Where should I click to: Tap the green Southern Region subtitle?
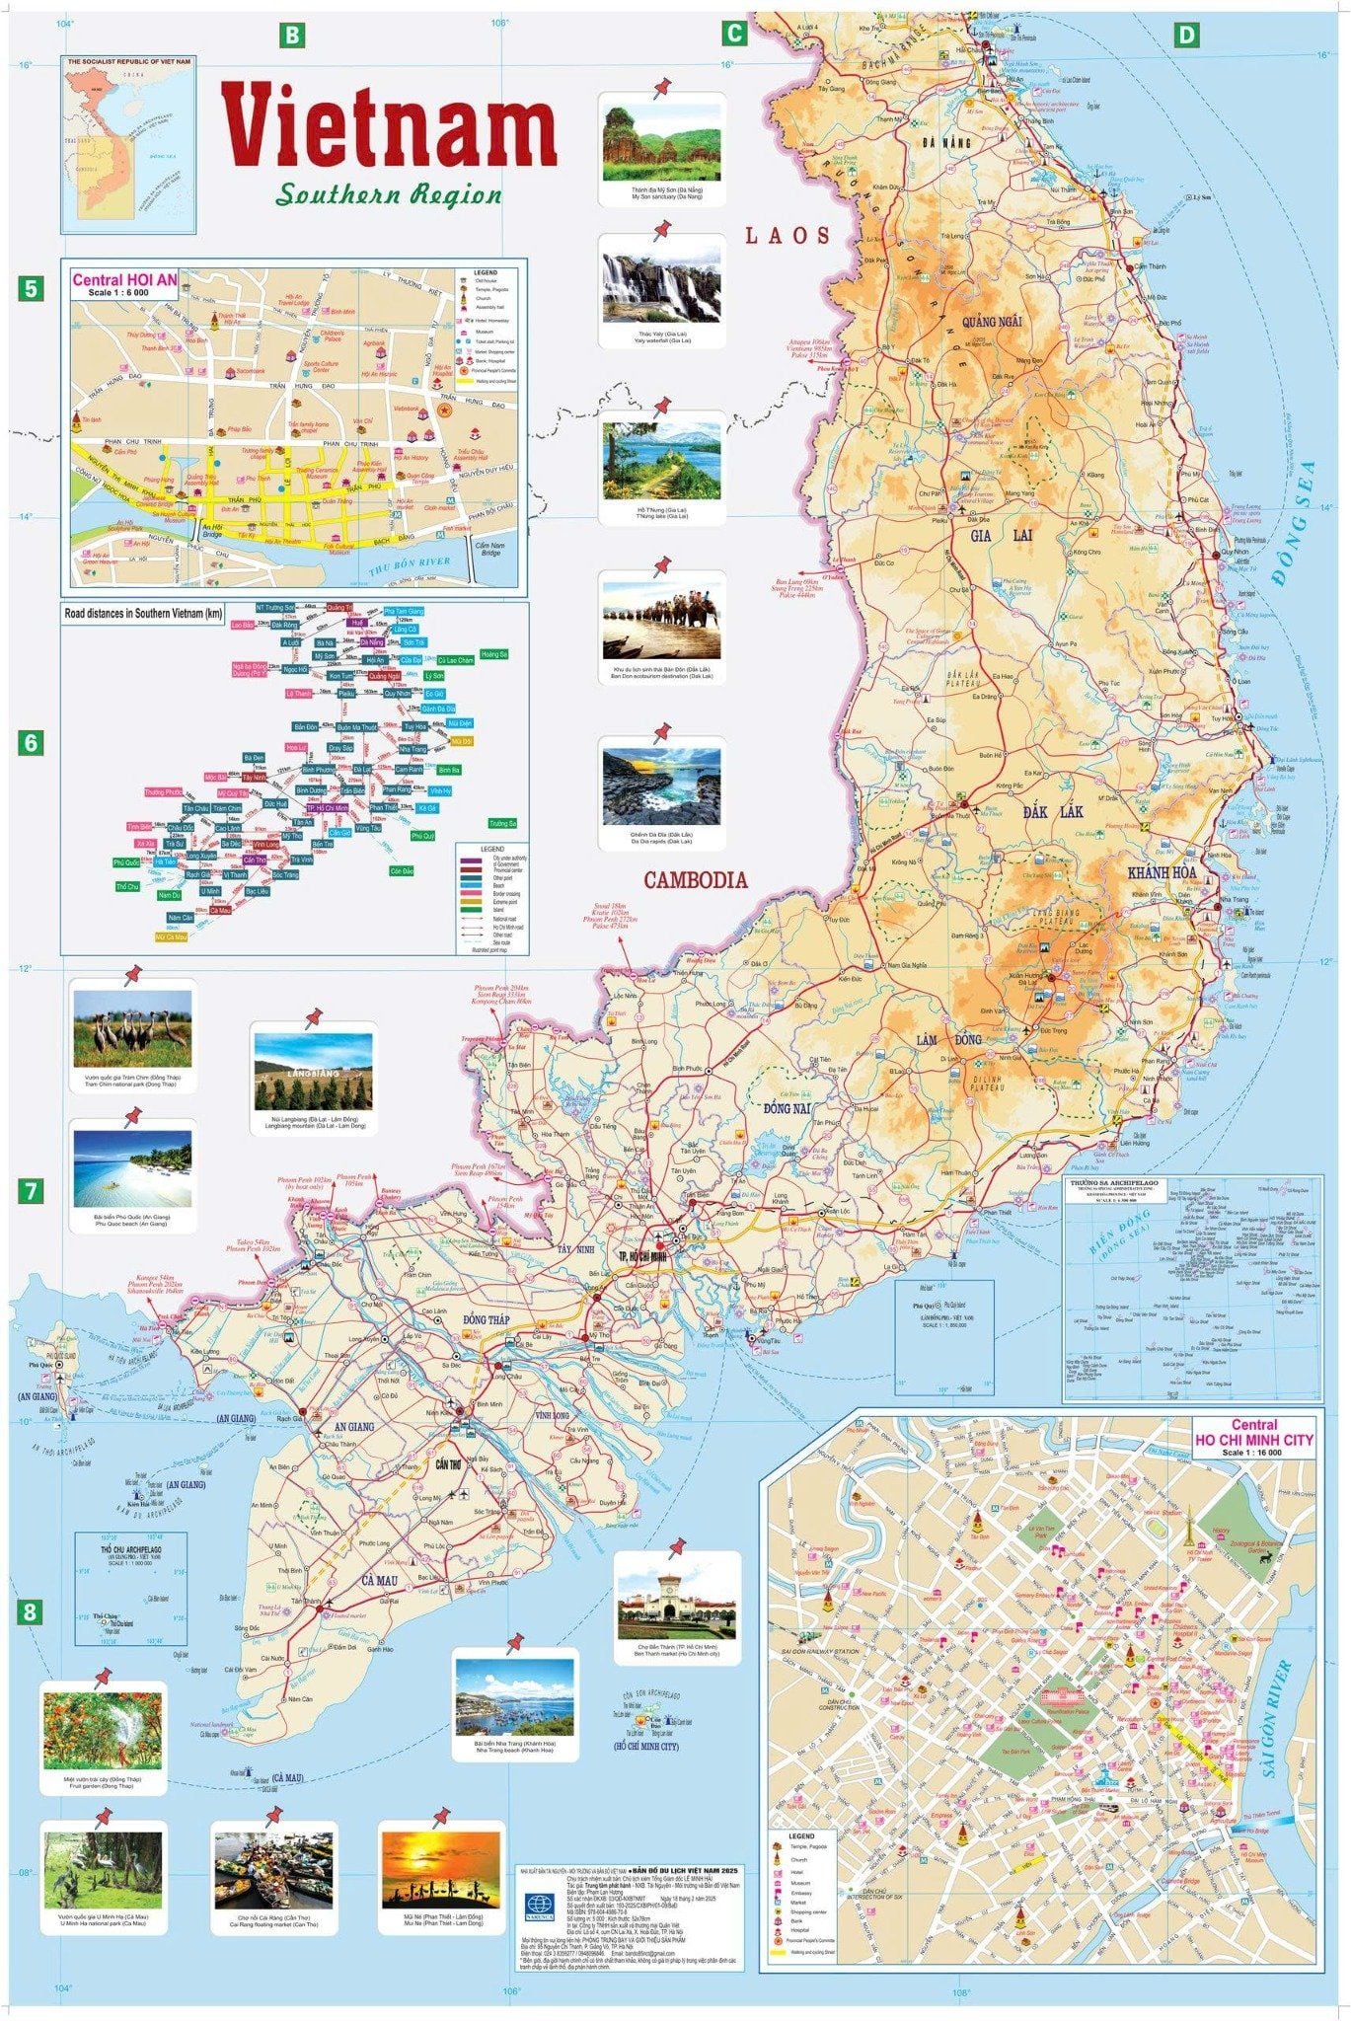389,193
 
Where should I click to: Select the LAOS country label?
787,235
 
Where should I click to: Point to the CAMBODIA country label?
696,880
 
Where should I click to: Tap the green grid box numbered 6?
31,743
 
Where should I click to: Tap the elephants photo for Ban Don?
660,620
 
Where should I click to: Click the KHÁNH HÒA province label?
1162,872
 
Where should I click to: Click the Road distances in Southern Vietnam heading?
144,614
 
